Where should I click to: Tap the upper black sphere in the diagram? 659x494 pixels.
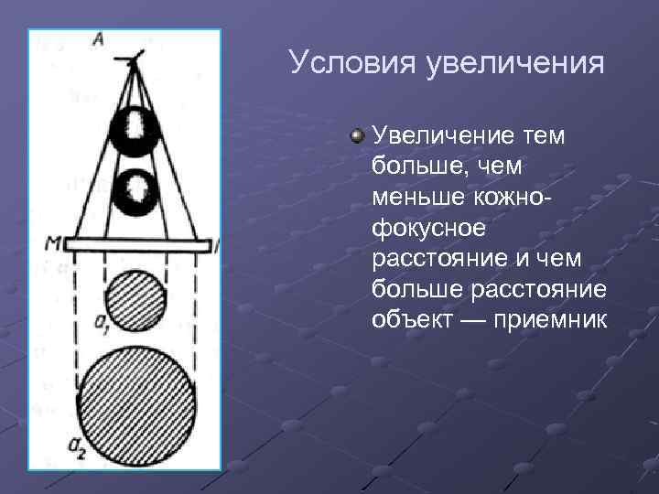coord(135,130)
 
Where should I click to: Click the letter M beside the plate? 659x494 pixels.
coord(53,243)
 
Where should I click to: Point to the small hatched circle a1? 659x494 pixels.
coord(135,299)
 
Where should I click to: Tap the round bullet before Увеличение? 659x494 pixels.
coord(357,136)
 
